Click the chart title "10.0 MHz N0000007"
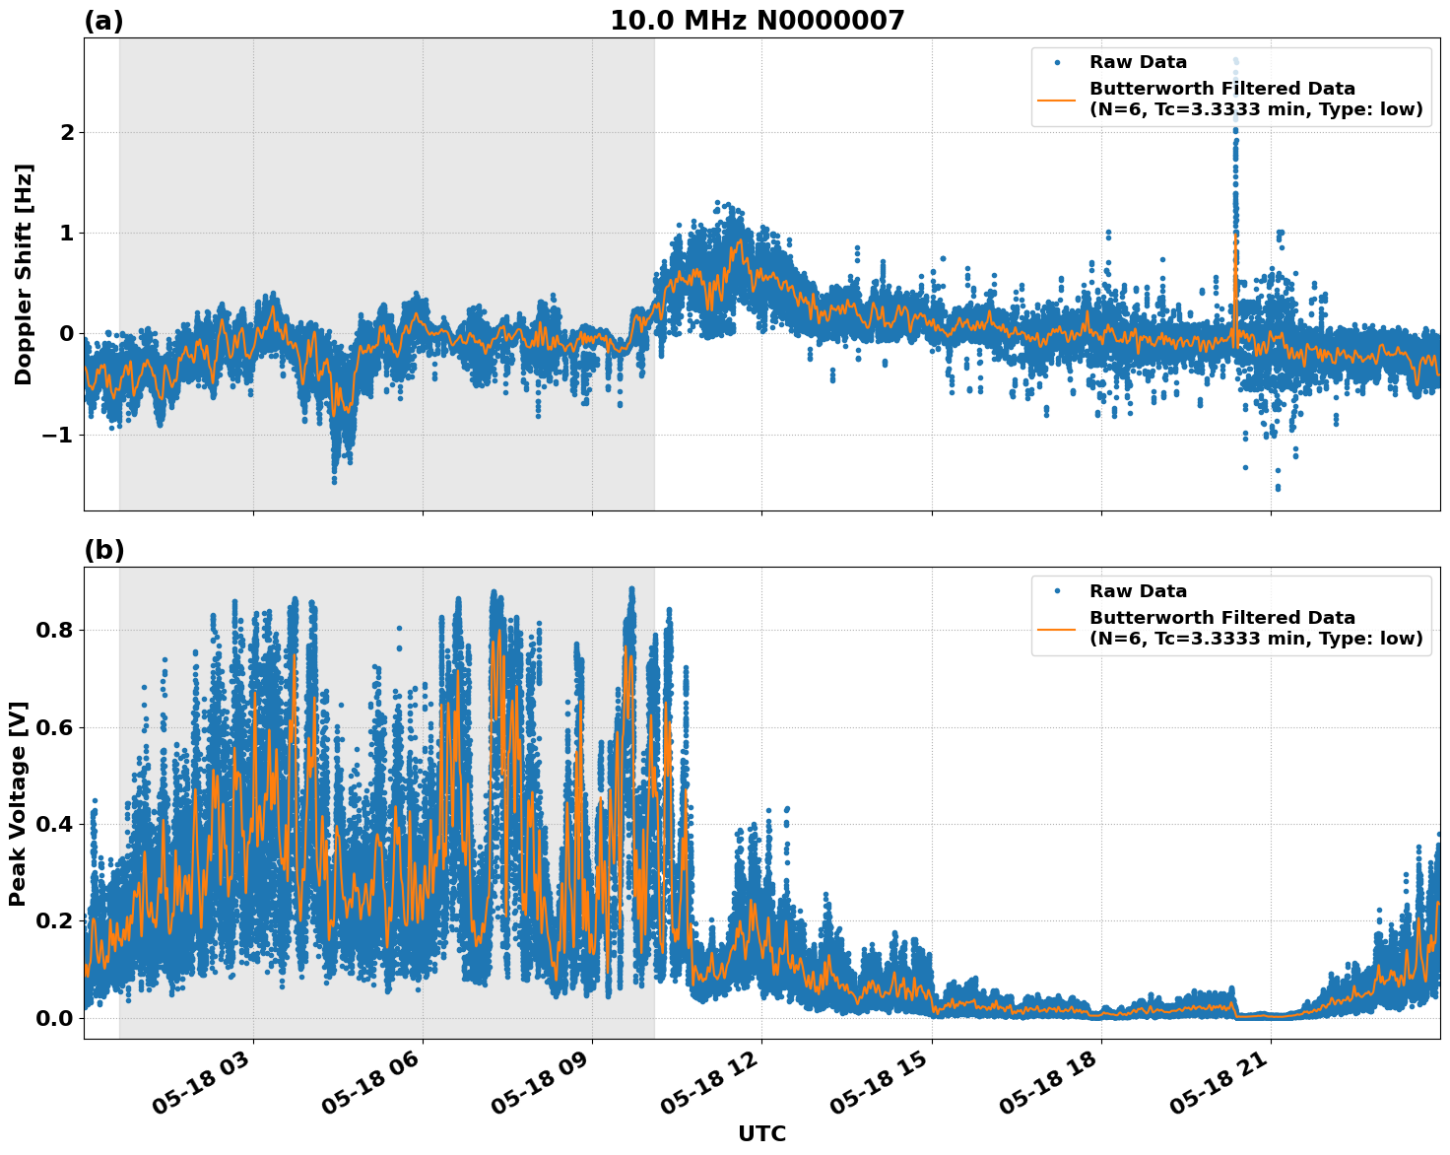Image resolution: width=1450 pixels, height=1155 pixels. click(x=757, y=21)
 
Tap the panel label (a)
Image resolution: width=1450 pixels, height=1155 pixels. click(x=103, y=22)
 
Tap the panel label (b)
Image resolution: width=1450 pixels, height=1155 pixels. click(x=104, y=551)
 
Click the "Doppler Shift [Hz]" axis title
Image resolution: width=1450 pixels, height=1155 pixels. click(x=24, y=274)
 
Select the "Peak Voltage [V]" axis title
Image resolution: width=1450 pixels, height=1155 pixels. click(x=18, y=803)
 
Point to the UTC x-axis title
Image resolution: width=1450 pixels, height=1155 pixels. click(x=761, y=1133)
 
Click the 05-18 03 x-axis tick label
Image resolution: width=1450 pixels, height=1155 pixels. click(x=204, y=1088)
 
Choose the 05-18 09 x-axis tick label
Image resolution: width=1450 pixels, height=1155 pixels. click(x=543, y=1088)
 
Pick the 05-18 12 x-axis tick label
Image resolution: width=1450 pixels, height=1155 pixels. click(x=712, y=1088)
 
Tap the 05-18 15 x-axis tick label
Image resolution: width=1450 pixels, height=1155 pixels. click(x=882, y=1088)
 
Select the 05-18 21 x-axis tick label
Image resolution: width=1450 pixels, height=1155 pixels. click(x=1220, y=1088)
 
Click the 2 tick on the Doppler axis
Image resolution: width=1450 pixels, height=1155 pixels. click(x=66, y=133)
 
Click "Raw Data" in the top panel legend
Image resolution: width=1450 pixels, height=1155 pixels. click(x=1138, y=63)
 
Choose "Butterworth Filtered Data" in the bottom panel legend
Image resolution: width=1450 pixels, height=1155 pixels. click(x=1221, y=618)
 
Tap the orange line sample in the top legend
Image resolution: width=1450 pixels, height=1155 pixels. click(x=1058, y=99)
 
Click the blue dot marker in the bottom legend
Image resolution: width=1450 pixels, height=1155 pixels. click(x=1058, y=591)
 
